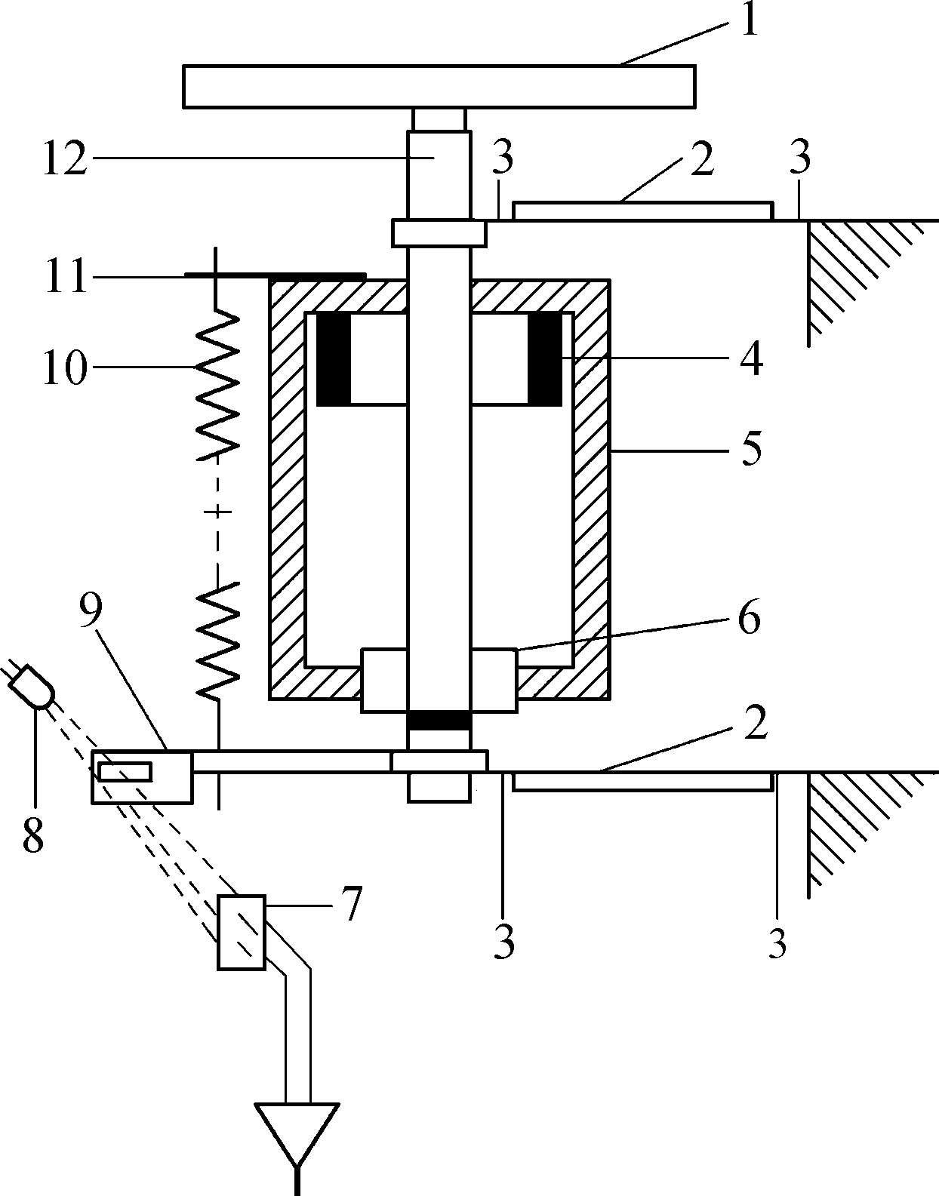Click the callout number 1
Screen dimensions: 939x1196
point(749,20)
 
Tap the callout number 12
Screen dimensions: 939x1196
point(66,158)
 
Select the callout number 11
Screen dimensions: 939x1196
point(66,276)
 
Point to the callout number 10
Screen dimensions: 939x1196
point(66,367)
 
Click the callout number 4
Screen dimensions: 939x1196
point(750,358)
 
